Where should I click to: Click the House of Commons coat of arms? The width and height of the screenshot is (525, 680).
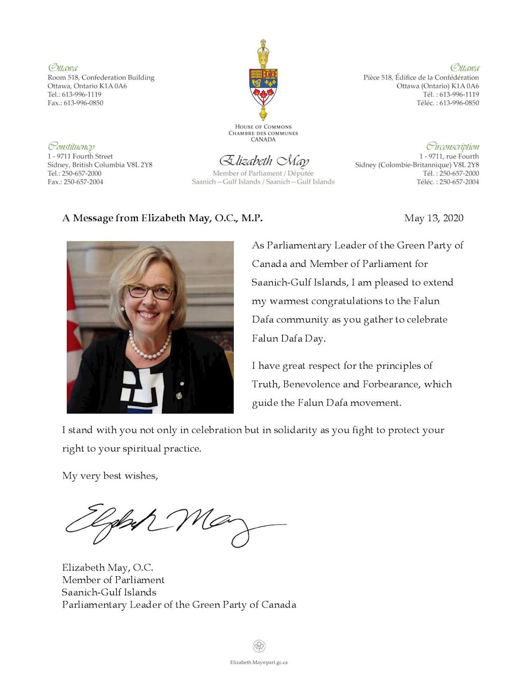tap(263, 81)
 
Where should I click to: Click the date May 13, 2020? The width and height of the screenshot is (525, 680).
tap(433, 218)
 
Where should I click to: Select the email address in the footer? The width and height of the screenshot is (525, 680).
tap(259, 662)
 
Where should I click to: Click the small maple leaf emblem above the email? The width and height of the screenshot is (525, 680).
tap(259, 646)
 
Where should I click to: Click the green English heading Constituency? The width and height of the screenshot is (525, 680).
tap(71, 147)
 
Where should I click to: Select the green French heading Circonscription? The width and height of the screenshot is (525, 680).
tap(453, 147)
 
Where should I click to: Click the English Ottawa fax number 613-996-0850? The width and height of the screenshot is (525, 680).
tap(76, 103)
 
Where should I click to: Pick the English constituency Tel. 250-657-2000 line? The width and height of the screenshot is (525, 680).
tap(74, 173)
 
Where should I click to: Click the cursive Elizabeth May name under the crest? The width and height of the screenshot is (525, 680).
tap(264, 161)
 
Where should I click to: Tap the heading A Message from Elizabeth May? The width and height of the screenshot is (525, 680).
tap(162, 218)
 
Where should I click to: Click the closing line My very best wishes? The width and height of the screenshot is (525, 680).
tap(110, 476)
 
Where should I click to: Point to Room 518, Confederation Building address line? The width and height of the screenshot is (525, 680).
tap(101, 78)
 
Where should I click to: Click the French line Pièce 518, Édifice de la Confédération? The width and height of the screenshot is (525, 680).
tap(421, 78)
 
